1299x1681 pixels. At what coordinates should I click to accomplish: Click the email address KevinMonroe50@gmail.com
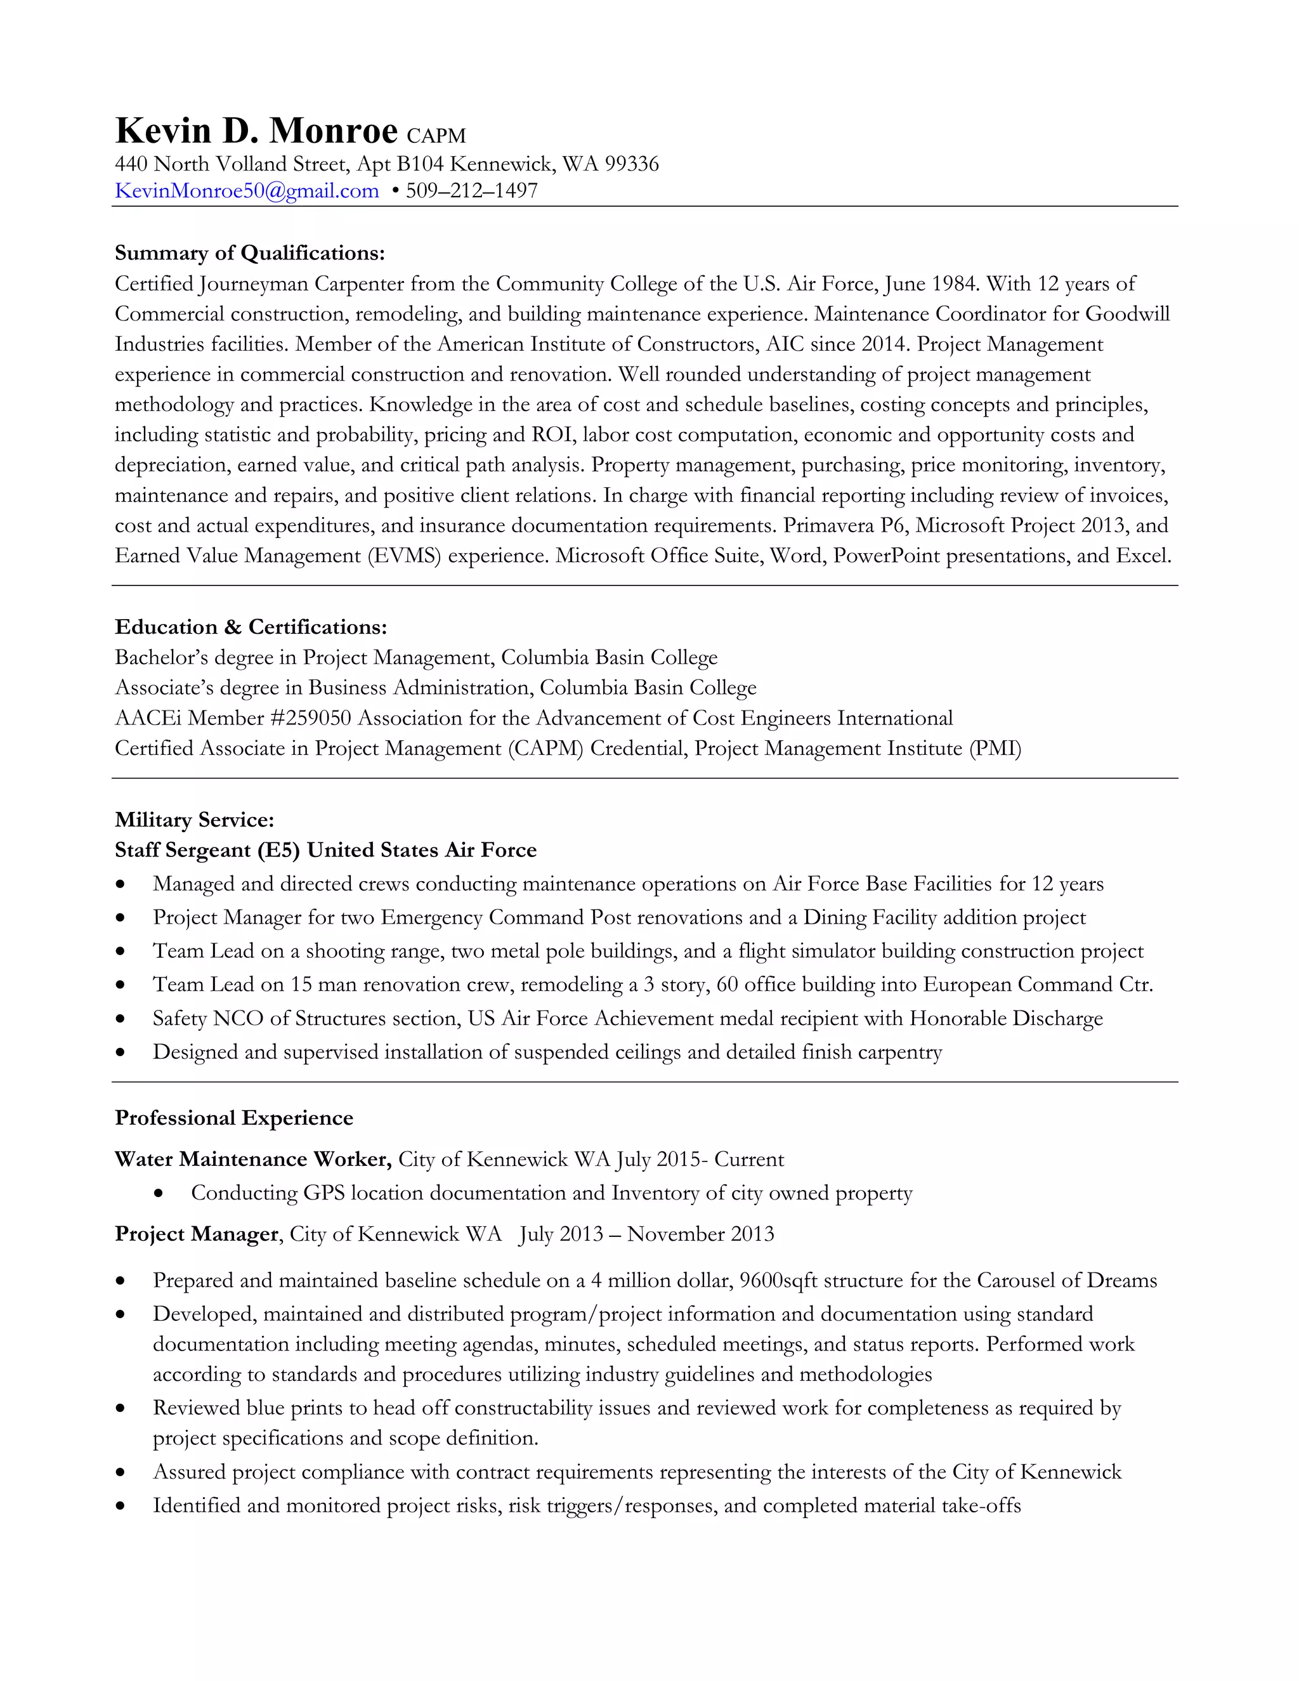pos(246,191)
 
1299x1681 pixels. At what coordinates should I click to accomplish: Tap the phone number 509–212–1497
pos(472,191)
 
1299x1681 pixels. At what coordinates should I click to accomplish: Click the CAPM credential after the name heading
pos(436,136)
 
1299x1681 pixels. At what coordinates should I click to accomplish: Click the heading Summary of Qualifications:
pos(249,253)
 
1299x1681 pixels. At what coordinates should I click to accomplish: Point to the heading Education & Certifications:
pos(251,627)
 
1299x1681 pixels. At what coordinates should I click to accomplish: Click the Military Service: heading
pos(194,820)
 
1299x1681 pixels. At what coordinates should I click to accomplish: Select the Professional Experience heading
pos(234,1118)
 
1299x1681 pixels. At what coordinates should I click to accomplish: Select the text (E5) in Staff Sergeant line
pos(278,851)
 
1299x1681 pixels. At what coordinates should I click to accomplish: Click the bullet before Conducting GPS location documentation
pos(159,1194)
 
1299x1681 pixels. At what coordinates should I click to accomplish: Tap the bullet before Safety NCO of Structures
pos(120,1019)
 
